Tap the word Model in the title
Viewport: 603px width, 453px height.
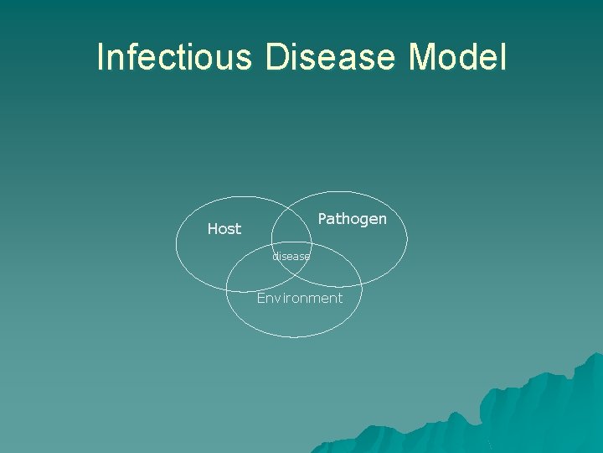tap(457, 57)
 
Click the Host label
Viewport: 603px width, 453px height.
tap(224, 229)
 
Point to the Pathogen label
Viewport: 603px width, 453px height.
tap(352, 219)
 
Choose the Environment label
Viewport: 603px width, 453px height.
tap(299, 298)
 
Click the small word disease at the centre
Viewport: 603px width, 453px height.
tap(291, 257)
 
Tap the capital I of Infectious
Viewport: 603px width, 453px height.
tap(100, 57)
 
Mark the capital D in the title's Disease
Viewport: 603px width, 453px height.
tap(277, 57)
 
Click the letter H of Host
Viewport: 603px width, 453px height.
tap(213, 229)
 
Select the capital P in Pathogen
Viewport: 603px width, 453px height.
tap(322, 219)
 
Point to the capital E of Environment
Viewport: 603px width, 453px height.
tap(261, 298)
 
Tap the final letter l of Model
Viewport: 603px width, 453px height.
tap(502, 57)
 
